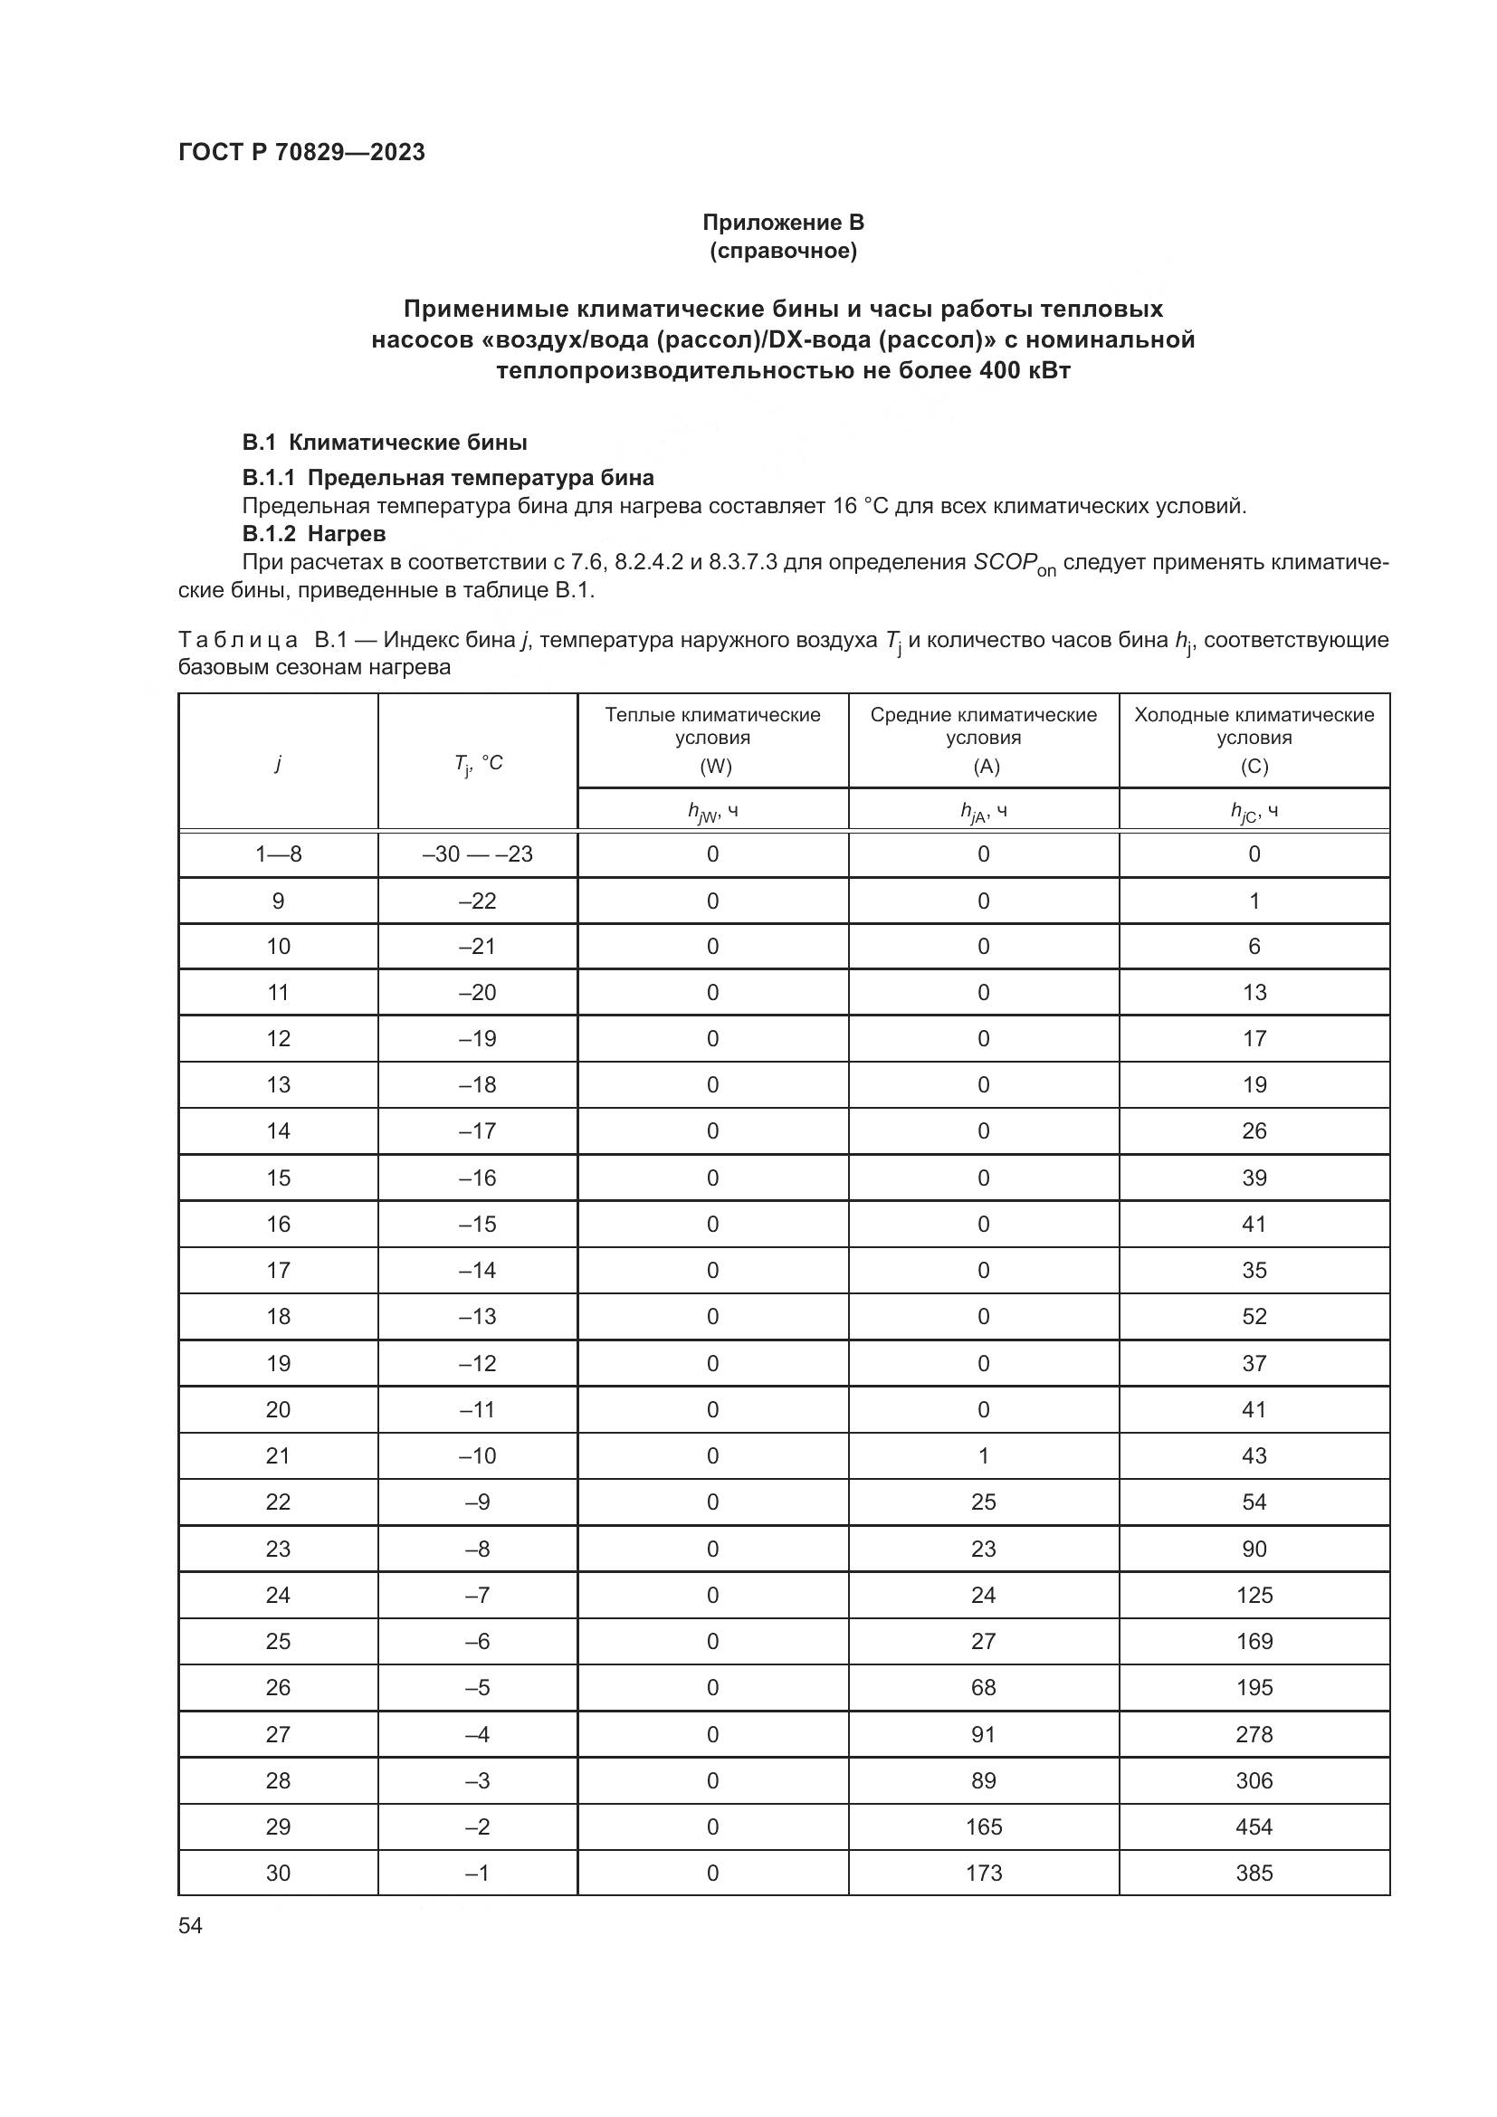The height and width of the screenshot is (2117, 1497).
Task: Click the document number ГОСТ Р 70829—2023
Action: pyautogui.click(x=301, y=152)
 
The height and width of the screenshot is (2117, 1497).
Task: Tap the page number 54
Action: pyautogui.click(x=191, y=1925)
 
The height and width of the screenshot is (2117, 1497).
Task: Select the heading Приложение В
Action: pyautogui.click(x=783, y=223)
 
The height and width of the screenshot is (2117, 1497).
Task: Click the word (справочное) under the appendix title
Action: pyautogui.click(x=783, y=251)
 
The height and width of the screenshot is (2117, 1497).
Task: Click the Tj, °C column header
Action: pyautogui.click(x=478, y=762)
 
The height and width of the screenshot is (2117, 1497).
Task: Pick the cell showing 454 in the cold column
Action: pyautogui.click(x=1254, y=1826)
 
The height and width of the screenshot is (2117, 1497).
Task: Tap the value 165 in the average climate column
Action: pyautogui.click(x=984, y=1826)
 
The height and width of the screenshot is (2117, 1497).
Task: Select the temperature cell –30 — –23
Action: pyautogui.click(x=478, y=853)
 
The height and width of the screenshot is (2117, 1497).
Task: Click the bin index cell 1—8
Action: pyautogui.click(x=279, y=853)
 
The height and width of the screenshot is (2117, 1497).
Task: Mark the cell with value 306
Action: pyautogui.click(x=1254, y=1780)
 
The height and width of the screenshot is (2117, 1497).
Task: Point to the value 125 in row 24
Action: pyautogui.click(x=1254, y=1595)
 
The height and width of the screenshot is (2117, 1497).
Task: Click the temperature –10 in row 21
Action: pyautogui.click(x=478, y=1456)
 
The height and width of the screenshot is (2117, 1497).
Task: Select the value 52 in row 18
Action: pyautogui.click(x=1254, y=1317)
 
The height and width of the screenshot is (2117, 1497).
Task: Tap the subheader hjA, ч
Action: pyautogui.click(x=984, y=810)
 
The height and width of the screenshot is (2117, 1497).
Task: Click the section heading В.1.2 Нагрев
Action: pyautogui.click(x=313, y=534)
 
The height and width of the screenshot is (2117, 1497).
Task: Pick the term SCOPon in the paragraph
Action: pyautogui.click(x=1014, y=563)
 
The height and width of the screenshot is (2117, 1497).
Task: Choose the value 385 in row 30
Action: pyautogui.click(x=1254, y=1873)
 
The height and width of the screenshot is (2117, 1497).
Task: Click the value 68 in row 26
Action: pyautogui.click(x=984, y=1687)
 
